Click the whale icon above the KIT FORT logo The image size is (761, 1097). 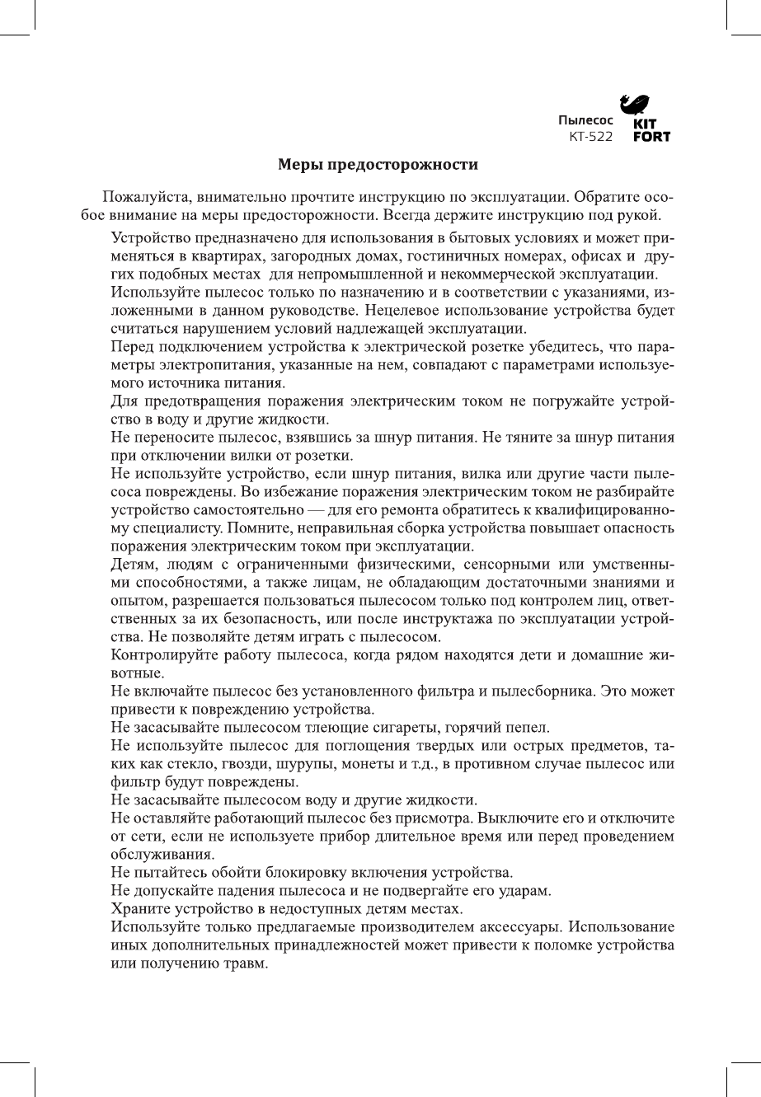635,102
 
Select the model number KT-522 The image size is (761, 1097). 590,137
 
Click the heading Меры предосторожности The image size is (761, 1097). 377,165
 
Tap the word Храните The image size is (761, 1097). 137,909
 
